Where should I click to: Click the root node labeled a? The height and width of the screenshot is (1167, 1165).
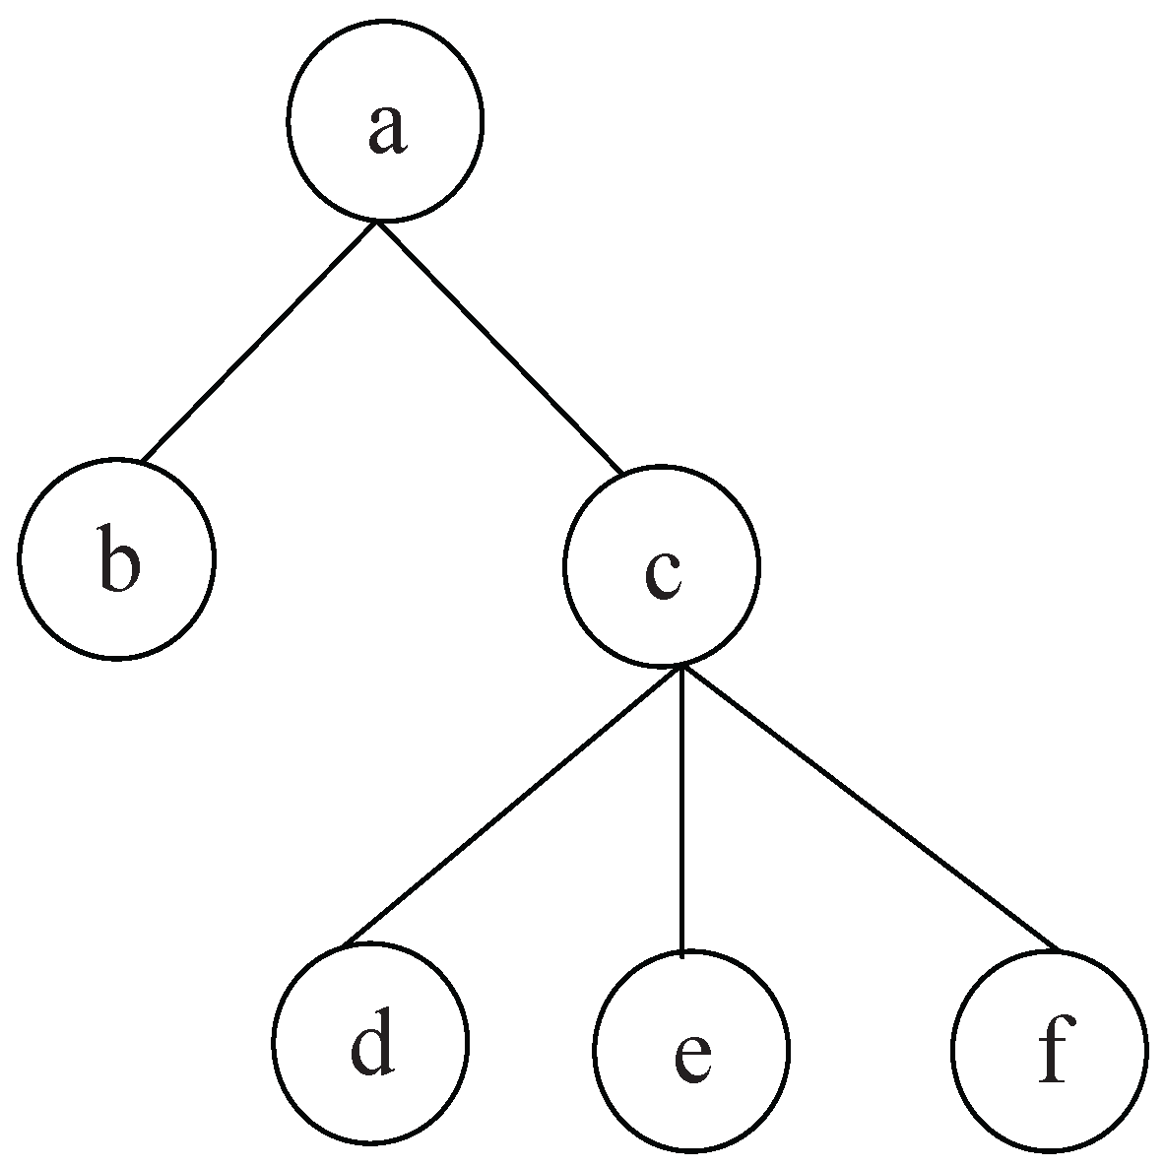(x=385, y=120)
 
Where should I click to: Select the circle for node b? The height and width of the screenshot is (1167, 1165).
(x=116, y=558)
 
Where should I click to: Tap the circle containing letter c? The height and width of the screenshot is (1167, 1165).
(x=662, y=566)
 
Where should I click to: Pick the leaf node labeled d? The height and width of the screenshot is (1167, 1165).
(x=370, y=1042)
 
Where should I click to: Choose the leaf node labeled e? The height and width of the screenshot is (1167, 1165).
(x=691, y=1051)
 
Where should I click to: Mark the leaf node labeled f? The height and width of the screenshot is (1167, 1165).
(x=1050, y=1051)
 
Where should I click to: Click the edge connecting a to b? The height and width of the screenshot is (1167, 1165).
(x=258, y=342)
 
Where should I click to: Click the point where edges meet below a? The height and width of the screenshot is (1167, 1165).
(x=376, y=224)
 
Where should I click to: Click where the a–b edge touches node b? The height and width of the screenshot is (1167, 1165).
(x=141, y=462)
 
